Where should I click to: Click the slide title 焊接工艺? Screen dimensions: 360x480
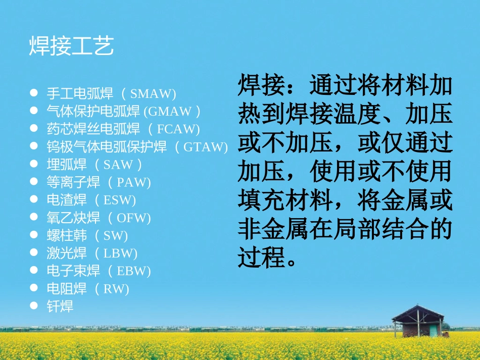(71, 46)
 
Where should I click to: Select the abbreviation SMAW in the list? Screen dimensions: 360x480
(152, 93)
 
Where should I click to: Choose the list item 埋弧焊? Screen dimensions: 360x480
(67, 165)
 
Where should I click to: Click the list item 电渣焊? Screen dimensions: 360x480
(67, 200)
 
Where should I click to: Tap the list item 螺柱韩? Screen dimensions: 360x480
(67, 236)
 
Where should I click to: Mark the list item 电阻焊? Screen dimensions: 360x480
(67, 289)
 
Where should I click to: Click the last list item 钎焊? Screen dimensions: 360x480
(60, 306)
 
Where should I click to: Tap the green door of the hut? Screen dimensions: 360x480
(433, 330)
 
